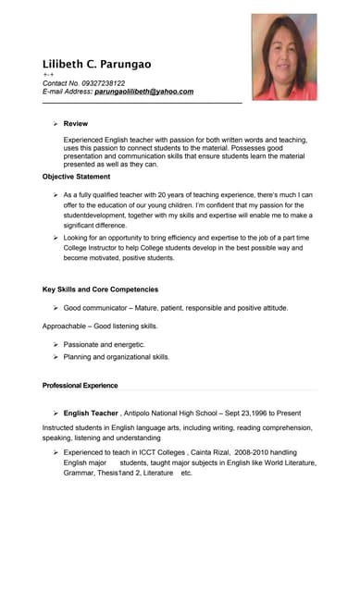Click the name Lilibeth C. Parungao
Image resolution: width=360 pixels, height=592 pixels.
(96, 64)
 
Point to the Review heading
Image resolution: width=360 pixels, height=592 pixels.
(76, 123)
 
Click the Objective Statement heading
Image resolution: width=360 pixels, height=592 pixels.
(76, 176)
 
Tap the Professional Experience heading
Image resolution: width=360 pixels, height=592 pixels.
(80, 385)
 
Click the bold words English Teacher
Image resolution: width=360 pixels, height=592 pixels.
(91, 413)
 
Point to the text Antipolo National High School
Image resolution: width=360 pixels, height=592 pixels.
(179, 413)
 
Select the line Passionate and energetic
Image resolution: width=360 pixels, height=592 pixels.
(104, 344)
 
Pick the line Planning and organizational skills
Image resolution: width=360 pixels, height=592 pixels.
(116, 356)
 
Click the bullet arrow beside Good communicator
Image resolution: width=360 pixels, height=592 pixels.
(56, 308)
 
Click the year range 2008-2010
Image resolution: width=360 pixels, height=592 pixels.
(240, 451)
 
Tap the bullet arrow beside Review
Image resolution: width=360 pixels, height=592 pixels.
(56, 123)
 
